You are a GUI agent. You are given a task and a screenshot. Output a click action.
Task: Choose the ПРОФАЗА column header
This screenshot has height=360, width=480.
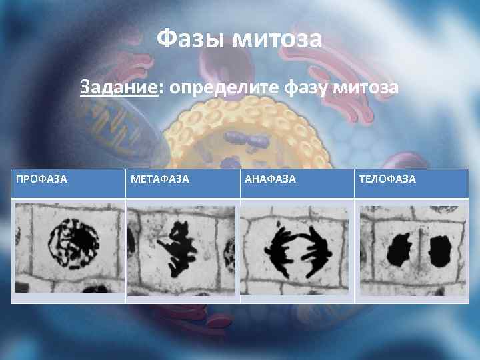click(41, 179)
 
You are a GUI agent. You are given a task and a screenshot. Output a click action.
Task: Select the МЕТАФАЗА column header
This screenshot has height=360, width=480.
click(160, 179)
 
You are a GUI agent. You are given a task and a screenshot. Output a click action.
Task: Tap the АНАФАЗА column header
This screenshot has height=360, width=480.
click(271, 179)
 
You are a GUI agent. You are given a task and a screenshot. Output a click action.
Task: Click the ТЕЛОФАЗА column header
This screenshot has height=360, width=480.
click(387, 179)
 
